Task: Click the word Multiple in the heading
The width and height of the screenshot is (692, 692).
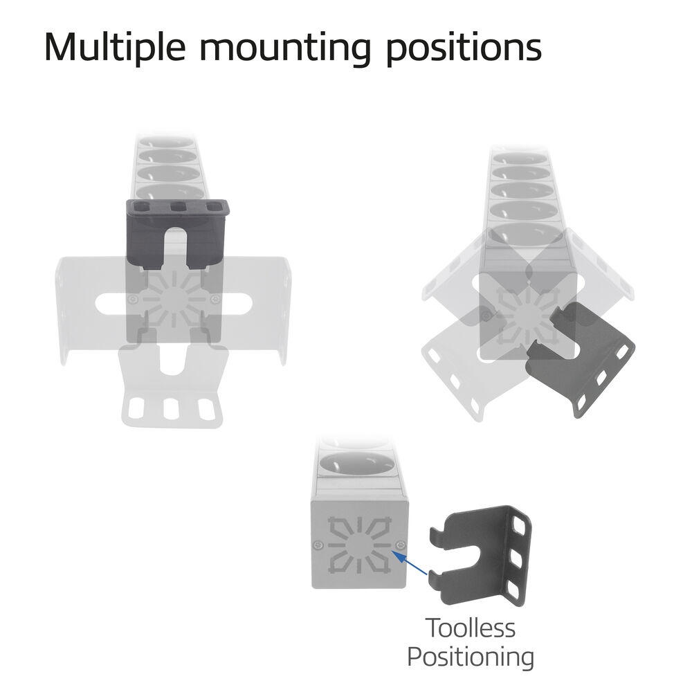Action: click(x=115, y=48)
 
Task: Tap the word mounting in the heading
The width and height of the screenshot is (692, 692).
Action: click(x=285, y=48)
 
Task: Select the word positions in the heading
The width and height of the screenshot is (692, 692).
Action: click(x=464, y=48)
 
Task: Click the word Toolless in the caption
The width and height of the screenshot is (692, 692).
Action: click(x=471, y=628)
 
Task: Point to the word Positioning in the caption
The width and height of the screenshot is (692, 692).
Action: click(x=471, y=657)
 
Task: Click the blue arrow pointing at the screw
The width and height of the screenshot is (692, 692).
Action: click(x=410, y=562)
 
